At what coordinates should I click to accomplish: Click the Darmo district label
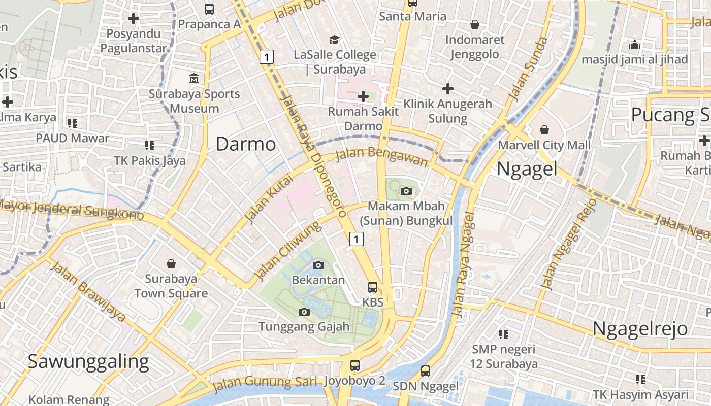[246, 144]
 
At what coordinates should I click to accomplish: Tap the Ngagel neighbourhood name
[527, 168]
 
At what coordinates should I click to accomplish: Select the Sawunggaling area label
[88, 361]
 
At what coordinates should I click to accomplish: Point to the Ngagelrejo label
[640, 328]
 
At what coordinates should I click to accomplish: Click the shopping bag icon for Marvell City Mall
[544, 130]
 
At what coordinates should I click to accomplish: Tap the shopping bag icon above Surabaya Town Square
[171, 264]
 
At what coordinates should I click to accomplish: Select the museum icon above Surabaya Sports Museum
[194, 79]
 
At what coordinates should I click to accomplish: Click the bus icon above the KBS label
[373, 287]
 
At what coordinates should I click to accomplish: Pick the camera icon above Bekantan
[318, 265]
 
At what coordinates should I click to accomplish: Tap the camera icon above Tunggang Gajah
[304, 312]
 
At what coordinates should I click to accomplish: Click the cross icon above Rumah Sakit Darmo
[363, 96]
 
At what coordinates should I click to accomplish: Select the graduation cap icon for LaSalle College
[334, 40]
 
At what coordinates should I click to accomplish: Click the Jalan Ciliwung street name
[287, 251]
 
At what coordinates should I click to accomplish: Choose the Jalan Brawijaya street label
[87, 292]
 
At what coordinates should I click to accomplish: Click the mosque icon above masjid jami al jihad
[634, 45]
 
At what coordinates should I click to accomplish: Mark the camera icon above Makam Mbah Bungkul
[406, 191]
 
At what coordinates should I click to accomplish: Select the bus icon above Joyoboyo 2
[355, 365]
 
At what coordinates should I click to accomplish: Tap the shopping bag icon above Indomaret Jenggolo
[475, 24]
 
